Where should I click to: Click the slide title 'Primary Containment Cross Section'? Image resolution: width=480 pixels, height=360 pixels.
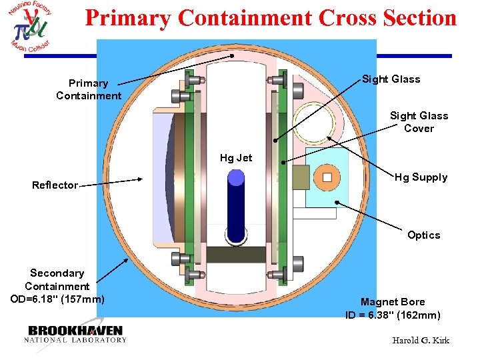[x=271, y=18]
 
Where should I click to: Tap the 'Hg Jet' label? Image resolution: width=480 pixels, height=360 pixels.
[x=236, y=158]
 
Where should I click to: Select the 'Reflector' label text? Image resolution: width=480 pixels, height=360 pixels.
[x=55, y=185]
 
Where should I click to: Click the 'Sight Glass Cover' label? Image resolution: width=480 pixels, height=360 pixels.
[x=419, y=122]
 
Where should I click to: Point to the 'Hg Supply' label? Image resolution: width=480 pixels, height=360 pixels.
[x=421, y=177]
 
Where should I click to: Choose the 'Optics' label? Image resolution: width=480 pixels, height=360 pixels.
[x=424, y=235]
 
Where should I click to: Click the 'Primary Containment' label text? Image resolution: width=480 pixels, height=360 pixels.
[x=89, y=89]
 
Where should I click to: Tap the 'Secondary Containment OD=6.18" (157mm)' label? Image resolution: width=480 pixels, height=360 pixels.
[x=57, y=285]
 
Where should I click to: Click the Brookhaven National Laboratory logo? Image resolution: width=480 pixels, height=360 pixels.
[x=75, y=333]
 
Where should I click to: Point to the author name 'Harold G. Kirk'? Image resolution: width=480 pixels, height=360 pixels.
[x=421, y=341]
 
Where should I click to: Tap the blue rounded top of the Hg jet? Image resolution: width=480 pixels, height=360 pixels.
[x=236, y=177]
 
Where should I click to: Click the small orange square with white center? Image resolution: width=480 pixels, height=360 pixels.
[x=327, y=177]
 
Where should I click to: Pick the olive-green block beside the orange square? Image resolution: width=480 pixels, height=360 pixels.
[x=302, y=177]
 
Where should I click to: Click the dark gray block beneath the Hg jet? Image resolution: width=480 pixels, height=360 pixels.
[x=236, y=254]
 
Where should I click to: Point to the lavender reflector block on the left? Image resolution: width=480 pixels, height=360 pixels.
[x=160, y=180]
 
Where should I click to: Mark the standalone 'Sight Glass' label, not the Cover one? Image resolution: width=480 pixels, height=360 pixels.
[x=391, y=79]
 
